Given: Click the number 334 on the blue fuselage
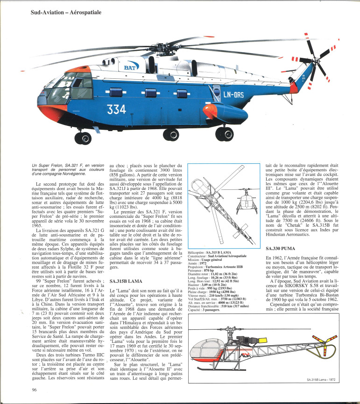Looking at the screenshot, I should (x=116, y=110).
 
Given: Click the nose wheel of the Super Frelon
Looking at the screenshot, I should (x=84, y=138).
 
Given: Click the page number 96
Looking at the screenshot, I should (x=35, y=390).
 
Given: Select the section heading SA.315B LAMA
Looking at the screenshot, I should (x=126, y=281).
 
